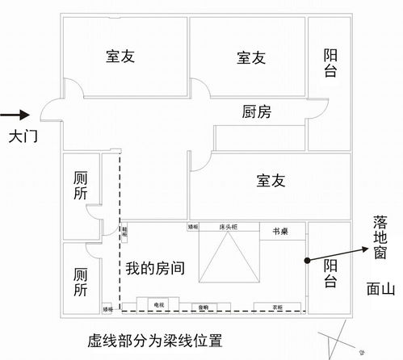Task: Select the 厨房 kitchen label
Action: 256,112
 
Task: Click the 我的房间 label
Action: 154,270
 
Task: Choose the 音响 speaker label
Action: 204,308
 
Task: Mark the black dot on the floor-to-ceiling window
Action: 309,260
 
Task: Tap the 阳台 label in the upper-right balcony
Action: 330,63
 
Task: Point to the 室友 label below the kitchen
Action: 271,181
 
